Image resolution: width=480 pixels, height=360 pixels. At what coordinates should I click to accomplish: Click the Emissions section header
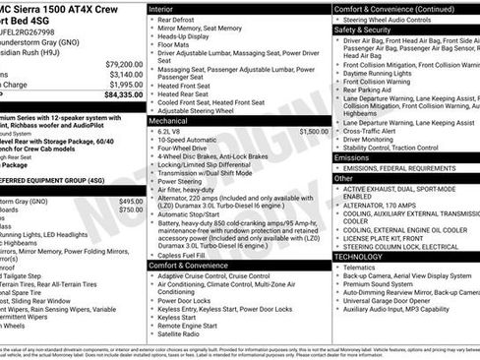353,157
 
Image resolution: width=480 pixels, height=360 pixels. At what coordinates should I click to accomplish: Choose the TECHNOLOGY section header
359,256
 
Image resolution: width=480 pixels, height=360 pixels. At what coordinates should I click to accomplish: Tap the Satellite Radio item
185,332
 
